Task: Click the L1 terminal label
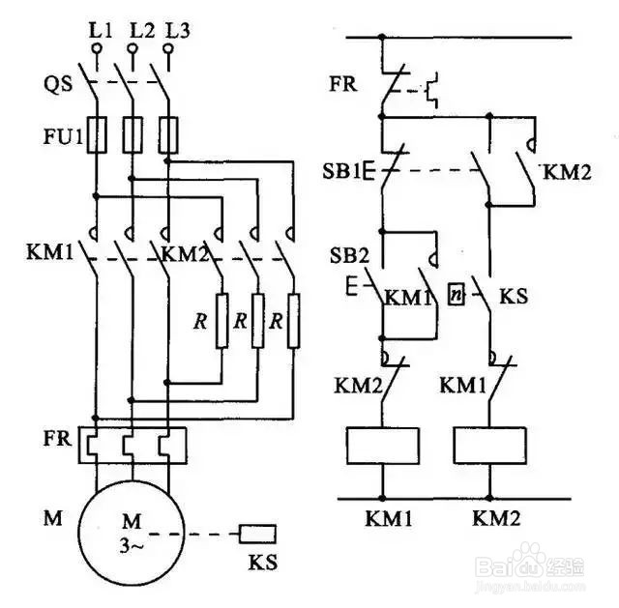101,30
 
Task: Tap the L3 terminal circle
168,48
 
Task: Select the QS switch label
58,84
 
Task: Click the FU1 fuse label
63,136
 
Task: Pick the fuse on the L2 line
133,134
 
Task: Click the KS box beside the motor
257,535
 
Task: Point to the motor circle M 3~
132,533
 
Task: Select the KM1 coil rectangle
383,446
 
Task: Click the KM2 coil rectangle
490,446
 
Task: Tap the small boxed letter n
456,294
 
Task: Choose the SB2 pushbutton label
349,255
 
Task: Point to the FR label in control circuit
343,84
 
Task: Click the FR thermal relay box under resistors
133,445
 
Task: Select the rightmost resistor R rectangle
293,321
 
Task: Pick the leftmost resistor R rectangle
222,321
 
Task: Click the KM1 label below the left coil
389,518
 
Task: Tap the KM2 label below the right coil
496,518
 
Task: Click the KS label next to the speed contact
514,297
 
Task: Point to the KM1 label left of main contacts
50,252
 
